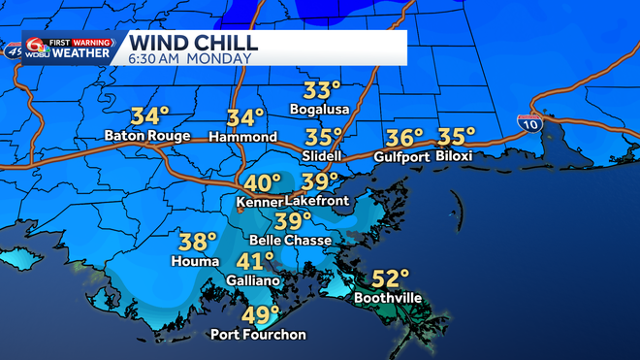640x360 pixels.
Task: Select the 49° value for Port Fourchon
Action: tap(259, 317)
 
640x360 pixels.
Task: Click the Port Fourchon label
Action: tap(259, 335)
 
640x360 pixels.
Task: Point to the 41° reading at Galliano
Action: tap(257, 262)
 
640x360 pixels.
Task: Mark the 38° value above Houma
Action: tap(198, 243)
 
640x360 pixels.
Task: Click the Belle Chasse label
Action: tap(291, 240)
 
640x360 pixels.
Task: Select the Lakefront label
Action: tap(315, 201)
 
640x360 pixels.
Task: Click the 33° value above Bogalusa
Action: tap(322, 91)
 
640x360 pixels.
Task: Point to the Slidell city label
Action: tap(324, 155)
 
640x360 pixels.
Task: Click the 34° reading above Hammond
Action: tap(245, 118)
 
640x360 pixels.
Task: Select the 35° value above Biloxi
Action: tap(457, 137)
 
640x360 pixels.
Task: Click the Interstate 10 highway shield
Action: tap(529, 123)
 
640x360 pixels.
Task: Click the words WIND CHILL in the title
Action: tap(193, 43)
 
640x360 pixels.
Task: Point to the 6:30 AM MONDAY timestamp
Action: tap(189, 58)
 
